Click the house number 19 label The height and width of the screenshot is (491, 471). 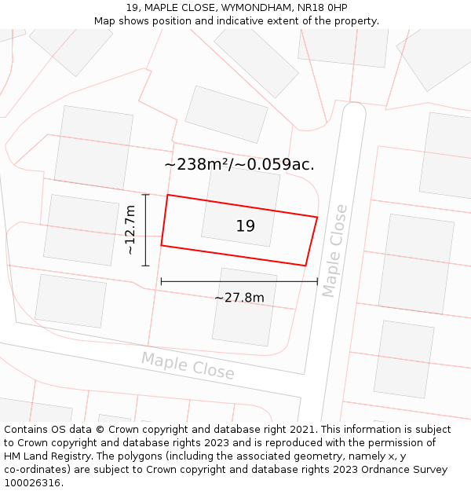click(x=245, y=226)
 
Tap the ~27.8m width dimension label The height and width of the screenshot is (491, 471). click(x=239, y=298)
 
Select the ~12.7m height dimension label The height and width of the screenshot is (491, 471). click(x=130, y=229)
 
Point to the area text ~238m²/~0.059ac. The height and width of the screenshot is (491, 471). click(x=239, y=164)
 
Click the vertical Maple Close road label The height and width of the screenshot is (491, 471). click(x=334, y=251)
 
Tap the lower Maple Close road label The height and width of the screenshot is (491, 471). click(x=188, y=365)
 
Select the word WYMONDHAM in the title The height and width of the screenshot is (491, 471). click(x=256, y=7)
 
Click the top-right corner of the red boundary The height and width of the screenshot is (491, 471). click(x=317, y=218)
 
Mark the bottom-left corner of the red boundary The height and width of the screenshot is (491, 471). click(x=162, y=246)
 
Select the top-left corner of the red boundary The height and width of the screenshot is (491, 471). click(x=168, y=195)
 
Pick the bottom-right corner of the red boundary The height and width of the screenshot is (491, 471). click(x=305, y=266)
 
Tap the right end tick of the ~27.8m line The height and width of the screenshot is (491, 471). click(x=317, y=281)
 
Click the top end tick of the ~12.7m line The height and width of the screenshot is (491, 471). click(x=145, y=194)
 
